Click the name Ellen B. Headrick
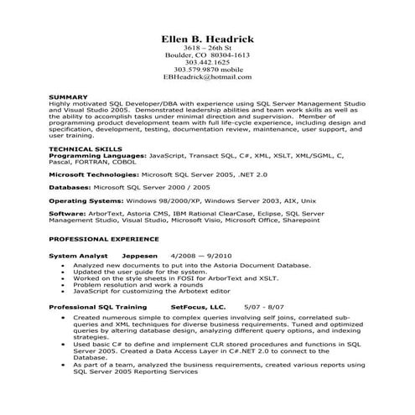[x=207, y=39]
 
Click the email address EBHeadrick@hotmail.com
[x=207, y=76]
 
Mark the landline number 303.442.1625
[x=207, y=62]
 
